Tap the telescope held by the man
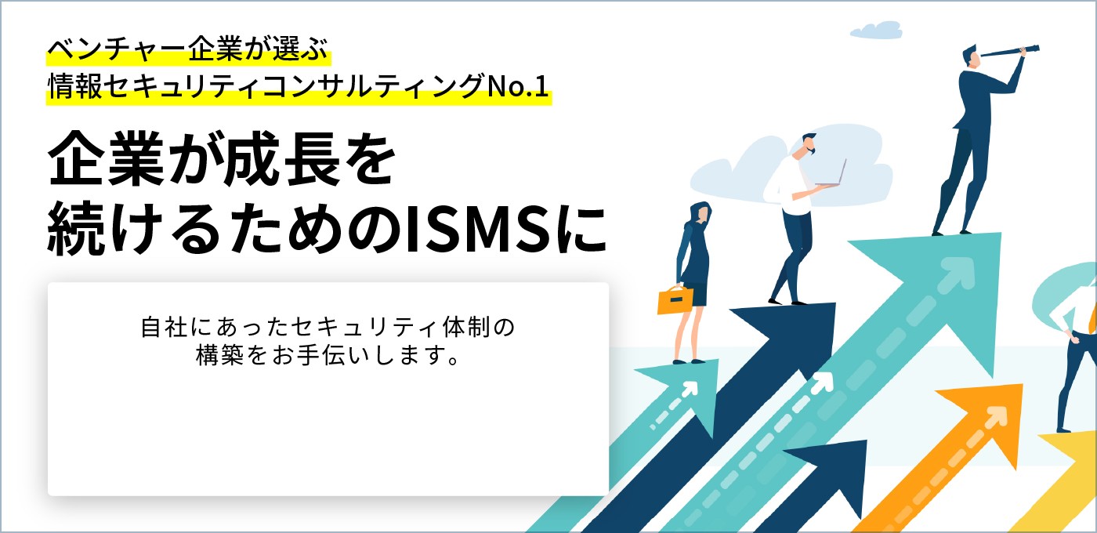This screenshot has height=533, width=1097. point(1009,50)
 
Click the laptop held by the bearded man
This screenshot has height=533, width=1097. point(832,174)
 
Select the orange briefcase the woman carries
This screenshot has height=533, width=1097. point(675,299)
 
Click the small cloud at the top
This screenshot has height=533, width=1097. point(877,31)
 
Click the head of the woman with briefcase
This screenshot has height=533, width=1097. point(701,213)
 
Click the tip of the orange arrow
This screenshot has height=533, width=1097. point(1023,385)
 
